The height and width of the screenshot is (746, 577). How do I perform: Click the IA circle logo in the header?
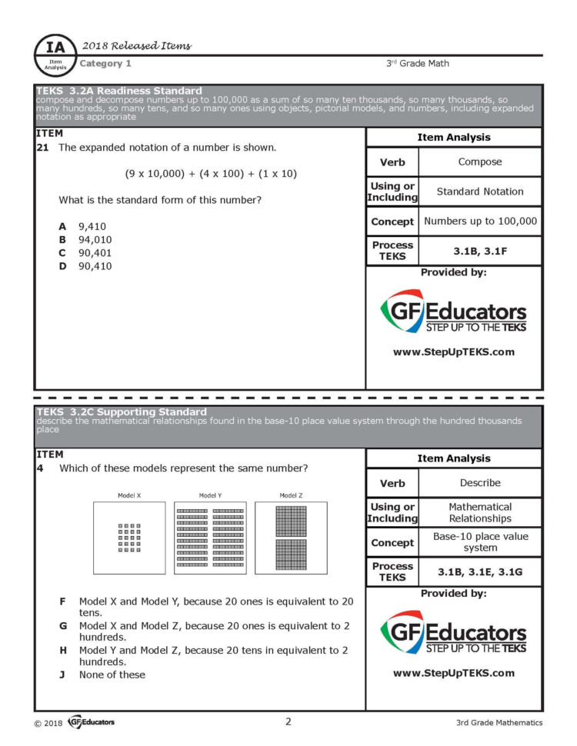pos(56,53)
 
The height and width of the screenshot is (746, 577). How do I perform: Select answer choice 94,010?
pos(92,239)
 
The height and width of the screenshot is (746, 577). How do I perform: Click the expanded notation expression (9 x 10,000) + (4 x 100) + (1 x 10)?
pos(211,173)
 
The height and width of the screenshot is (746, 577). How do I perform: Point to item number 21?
pos(43,147)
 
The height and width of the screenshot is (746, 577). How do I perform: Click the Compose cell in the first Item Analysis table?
pos(479,162)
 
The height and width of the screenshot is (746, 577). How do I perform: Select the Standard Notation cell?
pos(479,191)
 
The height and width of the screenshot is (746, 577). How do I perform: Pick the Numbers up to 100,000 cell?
pos(480,221)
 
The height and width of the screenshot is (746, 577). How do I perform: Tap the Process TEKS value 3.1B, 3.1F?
pos(479,251)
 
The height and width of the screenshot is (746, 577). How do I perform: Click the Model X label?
pos(128,495)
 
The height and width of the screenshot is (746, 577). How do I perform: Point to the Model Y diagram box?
pos(210,538)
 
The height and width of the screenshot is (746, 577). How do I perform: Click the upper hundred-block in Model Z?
pos(291,521)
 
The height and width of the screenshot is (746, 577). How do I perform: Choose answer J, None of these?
pos(112,674)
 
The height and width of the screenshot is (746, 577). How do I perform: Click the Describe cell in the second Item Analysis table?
pos(479,483)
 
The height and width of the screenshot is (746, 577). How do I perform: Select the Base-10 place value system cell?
pos(480,542)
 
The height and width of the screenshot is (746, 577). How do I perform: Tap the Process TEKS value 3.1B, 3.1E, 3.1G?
pos(479,571)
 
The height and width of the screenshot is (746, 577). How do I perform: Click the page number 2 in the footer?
pos(288,721)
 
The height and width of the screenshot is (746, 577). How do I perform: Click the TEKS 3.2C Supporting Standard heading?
pos(122,412)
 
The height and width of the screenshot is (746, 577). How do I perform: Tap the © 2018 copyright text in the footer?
pos(48,723)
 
